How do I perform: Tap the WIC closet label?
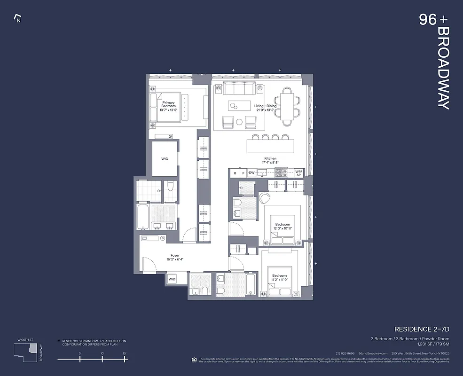pyautogui.click(x=165, y=159)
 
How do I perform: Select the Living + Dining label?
pyautogui.click(x=266, y=106)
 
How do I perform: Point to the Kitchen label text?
pyautogui.click(x=270, y=159)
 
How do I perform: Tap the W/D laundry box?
pyautogui.click(x=172, y=279)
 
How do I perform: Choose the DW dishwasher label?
pyautogui.click(x=251, y=173)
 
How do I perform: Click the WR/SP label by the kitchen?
pyautogui.click(x=298, y=173)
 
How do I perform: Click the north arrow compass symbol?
pyautogui.click(x=18, y=19)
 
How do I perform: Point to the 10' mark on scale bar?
pyautogui.click(x=102, y=359)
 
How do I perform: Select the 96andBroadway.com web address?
pyautogui.click(x=373, y=353)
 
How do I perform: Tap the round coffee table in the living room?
pyautogui.click(x=239, y=122)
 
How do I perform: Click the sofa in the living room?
pyautogui.click(x=237, y=89)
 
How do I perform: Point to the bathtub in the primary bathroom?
pyautogui.click(x=143, y=216)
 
